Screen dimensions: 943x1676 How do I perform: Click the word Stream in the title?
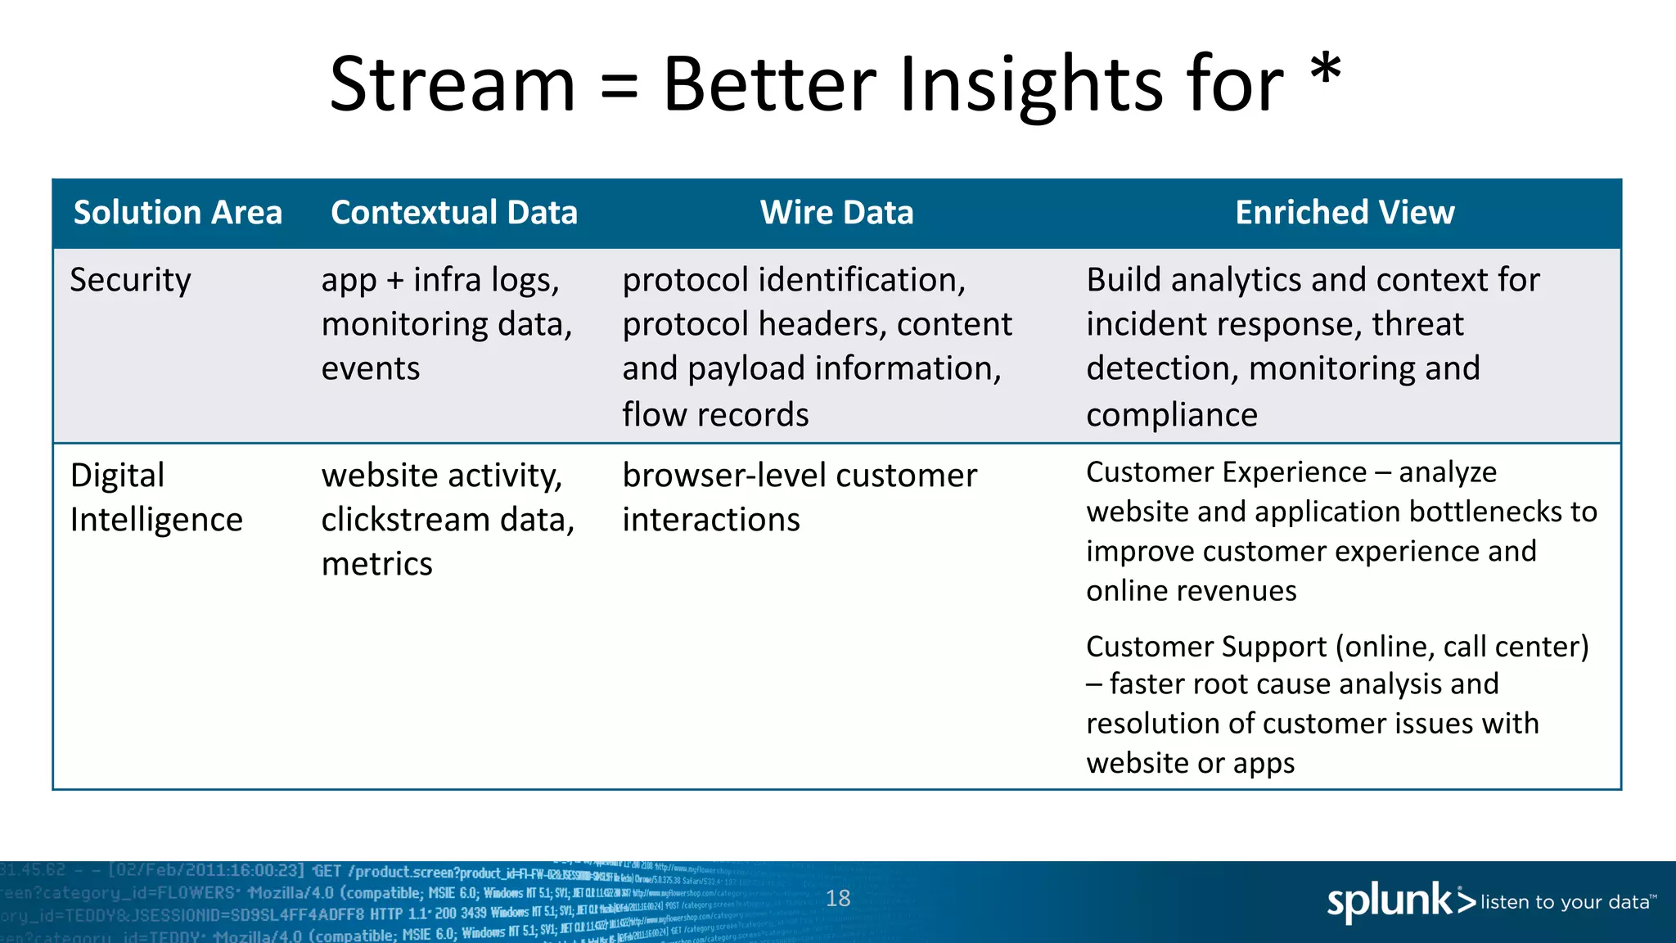(x=453, y=84)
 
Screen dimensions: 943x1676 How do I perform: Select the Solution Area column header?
(x=178, y=213)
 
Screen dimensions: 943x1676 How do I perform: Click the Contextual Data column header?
(x=454, y=213)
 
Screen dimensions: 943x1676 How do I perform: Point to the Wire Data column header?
(x=836, y=213)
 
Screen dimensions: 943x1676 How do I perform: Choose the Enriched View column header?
(x=1345, y=213)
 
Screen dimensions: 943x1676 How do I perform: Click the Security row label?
(x=130, y=281)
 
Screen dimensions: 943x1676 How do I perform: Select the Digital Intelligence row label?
(x=155, y=498)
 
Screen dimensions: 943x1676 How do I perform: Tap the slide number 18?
(x=838, y=899)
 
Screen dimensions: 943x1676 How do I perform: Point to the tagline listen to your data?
(x=1566, y=902)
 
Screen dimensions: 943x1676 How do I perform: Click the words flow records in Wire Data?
(x=715, y=415)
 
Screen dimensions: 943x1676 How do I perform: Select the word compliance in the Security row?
(x=1171, y=415)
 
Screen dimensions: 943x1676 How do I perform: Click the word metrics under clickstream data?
(x=376, y=565)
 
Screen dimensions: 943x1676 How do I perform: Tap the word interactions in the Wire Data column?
(x=710, y=521)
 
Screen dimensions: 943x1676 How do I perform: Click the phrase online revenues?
(x=1191, y=591)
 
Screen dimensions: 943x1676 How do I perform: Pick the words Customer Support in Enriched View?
(x=1205, y=647)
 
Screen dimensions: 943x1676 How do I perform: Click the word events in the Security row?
(x=370, y=369)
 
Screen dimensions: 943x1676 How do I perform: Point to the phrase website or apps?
(x=1190, y=763)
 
